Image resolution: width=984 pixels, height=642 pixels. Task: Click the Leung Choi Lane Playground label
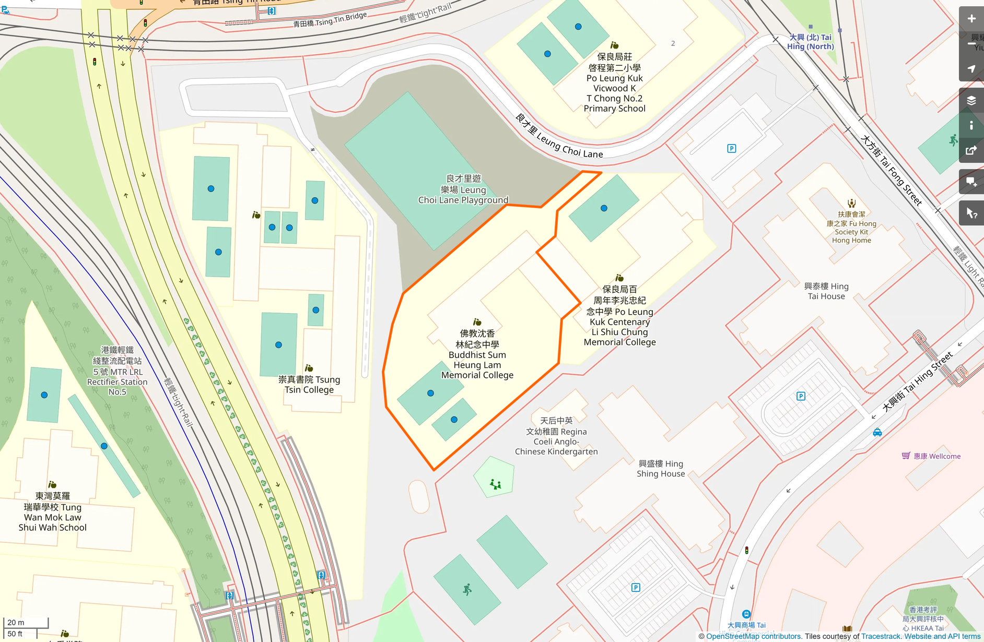click(463, 189)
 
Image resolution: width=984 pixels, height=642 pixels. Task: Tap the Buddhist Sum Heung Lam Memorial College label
click(477, 354)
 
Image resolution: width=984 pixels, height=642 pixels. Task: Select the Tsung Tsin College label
click(309, 385)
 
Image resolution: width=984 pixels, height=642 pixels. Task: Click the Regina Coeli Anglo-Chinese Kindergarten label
click(556, 436)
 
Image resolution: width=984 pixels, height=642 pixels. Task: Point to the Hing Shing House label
click(660, 469)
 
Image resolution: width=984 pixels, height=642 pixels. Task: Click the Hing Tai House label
click(826, 291)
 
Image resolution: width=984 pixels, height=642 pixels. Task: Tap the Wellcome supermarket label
click(936, 456)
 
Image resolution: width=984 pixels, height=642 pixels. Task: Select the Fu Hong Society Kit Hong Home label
click(851, 228)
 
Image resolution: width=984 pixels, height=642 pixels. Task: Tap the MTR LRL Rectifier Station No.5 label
click(117, 371)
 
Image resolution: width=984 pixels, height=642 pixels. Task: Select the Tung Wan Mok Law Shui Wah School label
click(53, 512)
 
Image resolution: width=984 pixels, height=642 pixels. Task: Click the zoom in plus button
click(971, 19)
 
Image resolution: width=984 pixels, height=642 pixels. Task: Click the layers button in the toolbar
click(971, 101)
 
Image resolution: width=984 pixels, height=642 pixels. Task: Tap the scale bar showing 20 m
click(26, 622)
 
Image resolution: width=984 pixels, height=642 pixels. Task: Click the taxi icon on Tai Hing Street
click(877, 432)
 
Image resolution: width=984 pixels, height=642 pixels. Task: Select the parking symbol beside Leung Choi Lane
click(731, 149)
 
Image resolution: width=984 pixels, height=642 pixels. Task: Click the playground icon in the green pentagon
click(495, 484)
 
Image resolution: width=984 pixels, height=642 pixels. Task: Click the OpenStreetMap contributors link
click(753, 636)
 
